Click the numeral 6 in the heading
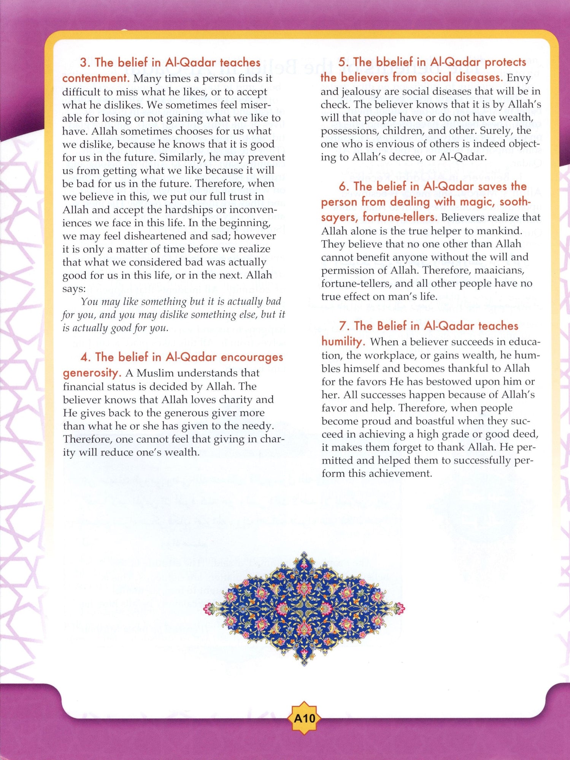click(x=343, y=187)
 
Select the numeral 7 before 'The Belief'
click(x=343, y=326)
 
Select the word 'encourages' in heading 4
click(x=252, y=357)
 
